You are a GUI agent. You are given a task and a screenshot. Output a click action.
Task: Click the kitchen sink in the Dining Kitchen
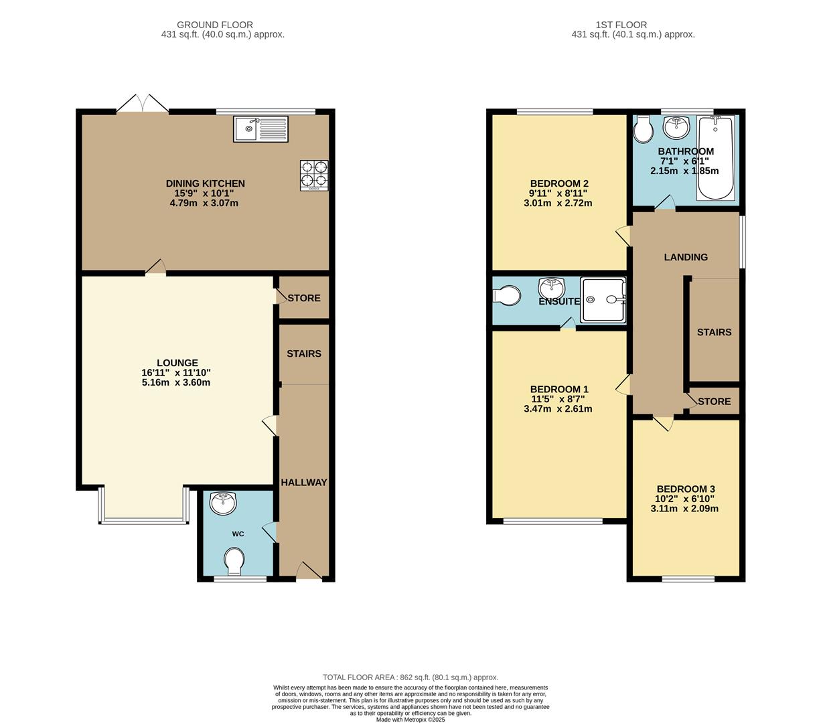tap(260, 129)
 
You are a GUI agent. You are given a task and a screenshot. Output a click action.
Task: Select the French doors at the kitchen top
tap(142, 104)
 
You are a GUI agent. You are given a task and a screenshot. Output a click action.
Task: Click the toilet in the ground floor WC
tap(235, 561)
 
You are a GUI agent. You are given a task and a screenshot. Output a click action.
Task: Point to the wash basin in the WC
tap(222, 501)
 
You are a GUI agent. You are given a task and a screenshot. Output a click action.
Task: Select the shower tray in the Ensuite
tap(603, 300)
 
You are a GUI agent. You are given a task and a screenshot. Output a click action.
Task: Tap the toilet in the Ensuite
tap(505, 296)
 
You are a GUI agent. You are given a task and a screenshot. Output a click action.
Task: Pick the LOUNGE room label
tap(177, 364)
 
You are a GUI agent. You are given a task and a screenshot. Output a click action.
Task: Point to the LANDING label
tap(686, 257)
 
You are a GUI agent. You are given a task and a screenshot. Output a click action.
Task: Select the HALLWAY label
tap(303, 483)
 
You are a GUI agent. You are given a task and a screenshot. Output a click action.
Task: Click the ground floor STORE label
tap(304, 298)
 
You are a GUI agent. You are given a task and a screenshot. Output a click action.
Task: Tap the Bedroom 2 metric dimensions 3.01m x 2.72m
tap(558, 203)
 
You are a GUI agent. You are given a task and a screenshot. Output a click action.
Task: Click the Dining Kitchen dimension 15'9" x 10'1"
tap(205, 193)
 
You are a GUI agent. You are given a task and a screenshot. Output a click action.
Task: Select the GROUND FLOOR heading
tap(215, 25)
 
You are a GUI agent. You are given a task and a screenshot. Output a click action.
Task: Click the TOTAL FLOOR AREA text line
tap(410, 677)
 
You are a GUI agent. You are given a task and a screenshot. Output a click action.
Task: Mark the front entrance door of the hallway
tap(307, 572)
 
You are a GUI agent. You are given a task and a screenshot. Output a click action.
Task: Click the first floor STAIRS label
tap(714, 332)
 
